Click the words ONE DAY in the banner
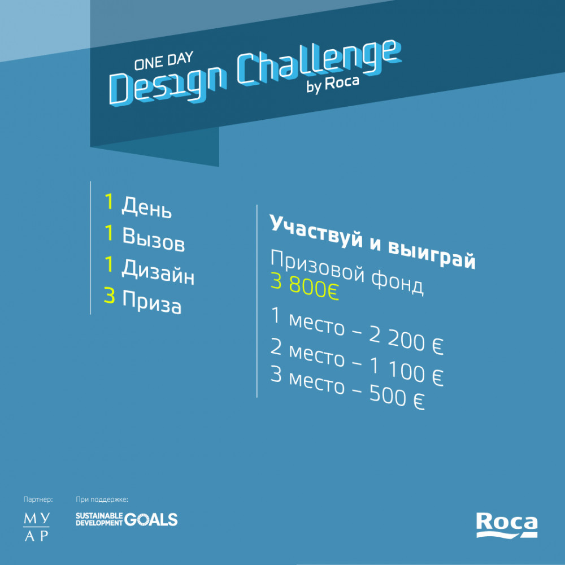point(164,60)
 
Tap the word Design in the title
point(168,85)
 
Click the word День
point(146,207)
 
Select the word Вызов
point(154,239)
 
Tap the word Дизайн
point(158,272)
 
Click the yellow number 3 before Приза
point(110,295)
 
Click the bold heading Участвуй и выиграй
point(372,242)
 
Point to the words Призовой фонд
point(347,272)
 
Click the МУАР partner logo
point(36,527)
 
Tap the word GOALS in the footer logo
point(151,520)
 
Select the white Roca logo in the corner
point(507,525)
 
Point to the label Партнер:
point(38,499)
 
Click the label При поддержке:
point(102,500)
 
